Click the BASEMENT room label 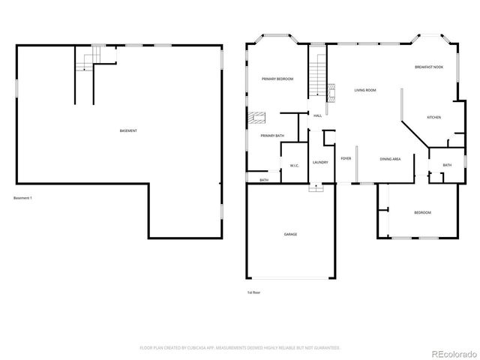pos(128,131)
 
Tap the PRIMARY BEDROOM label pos(277,79)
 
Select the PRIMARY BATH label pos(272,136)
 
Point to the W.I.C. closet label pos(295,166)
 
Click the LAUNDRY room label pos(320,162)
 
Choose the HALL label pos(318,115)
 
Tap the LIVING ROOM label pos(365,90)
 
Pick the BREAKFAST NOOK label pos(428,67)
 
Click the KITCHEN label pos(434,117)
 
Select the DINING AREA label pos(390,159)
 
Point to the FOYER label pos(346,159)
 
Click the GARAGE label pos(290,234)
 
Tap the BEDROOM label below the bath pos(423,213)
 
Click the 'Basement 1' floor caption pos(23,198)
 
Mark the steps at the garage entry pos(313,187)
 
